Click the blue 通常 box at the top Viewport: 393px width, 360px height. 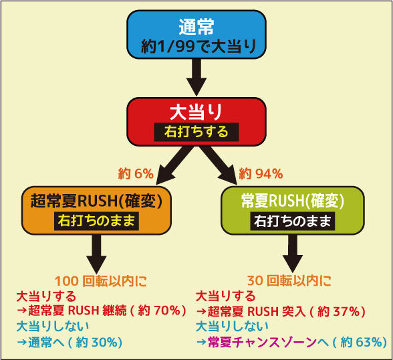(x=196, y=35)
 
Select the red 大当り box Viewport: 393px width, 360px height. (x=196, y=122)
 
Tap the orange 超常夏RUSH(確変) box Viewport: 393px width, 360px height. (x=96, y=211)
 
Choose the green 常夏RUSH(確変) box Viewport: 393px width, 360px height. (x=293, y=211)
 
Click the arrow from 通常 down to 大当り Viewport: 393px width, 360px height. (x=196, y=77)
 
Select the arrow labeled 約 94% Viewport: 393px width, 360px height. (x=219, y=165)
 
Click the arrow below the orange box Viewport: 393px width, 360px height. (x=96, y=254)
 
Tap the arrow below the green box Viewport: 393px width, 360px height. (x=293, y=254)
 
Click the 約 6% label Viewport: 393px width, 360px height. (x=136, y=173)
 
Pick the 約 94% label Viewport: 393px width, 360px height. (x=261, y=173)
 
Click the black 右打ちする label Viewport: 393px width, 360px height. (x=196, y=132)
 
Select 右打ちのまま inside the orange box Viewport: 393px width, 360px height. (x=96, y=221)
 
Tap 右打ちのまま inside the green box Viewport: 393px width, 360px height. (x=293, y=221)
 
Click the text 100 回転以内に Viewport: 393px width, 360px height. (x=101, y=281)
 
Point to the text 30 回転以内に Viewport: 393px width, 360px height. (x=289, y=281)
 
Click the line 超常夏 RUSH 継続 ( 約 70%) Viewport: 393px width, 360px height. (x=102, y=311)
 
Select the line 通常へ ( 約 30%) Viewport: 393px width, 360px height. (x=70, y=343)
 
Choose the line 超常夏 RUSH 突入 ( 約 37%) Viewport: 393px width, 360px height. (x=281, y=311)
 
